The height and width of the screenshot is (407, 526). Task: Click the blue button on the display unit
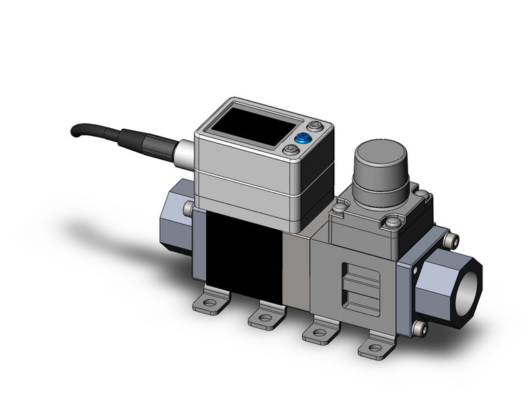[302, 139]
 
